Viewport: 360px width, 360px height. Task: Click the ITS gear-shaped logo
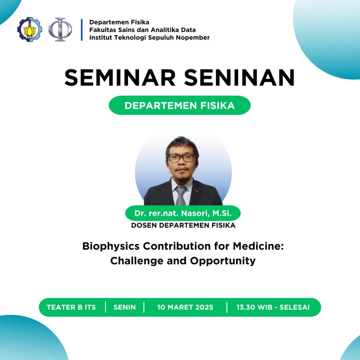(30, 30)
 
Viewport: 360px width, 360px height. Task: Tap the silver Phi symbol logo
(60, 30)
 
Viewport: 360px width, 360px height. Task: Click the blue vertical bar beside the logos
(82, 30)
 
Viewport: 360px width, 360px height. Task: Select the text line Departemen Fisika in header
(119, 22)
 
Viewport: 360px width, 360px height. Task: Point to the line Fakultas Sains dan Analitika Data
(142, 30)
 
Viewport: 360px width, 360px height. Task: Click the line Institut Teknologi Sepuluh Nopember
(149, 38)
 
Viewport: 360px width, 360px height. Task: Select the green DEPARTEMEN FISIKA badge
(180, 105)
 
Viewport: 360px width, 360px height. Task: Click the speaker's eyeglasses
(181, 158)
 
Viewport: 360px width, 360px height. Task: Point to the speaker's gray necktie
(181, 195)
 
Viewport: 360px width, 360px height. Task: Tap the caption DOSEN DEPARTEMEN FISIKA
(183, 225)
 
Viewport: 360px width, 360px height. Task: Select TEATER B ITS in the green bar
(71, 307)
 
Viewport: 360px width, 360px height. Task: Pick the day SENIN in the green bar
(124, 307)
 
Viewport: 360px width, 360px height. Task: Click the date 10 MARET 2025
(185, 307)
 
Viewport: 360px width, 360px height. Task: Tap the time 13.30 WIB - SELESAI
(273, 307)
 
